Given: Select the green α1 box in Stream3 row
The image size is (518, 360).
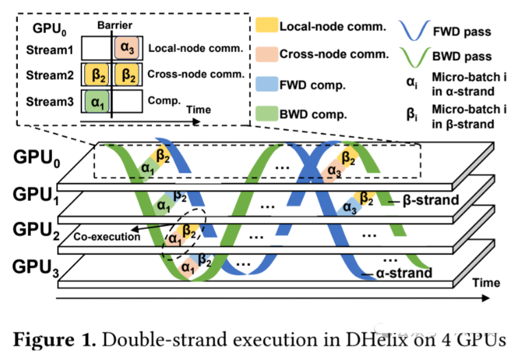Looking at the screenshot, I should (x=95, y=102).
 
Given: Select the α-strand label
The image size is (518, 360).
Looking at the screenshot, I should (x=405, y=273).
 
